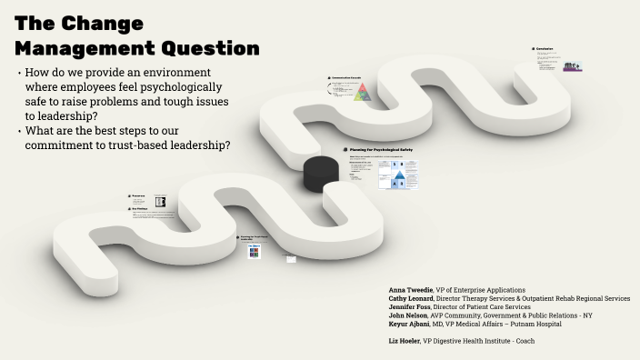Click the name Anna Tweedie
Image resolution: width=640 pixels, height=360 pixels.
[x=411, y=290]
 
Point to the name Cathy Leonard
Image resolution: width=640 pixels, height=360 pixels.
[x=411, y=298]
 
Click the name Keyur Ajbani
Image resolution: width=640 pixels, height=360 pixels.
[x=409, y=325]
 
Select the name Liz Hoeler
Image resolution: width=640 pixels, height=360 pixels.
[x=403, y=341]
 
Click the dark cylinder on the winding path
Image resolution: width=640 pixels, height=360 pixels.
[x=321, y=172]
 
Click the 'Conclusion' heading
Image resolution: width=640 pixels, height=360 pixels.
[x=545, y=49]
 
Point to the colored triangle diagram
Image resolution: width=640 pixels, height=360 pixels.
[x=362, y=93]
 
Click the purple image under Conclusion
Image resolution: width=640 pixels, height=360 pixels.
[x=572, y=67]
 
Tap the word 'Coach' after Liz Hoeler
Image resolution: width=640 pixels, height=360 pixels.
[x=525, y=341]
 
